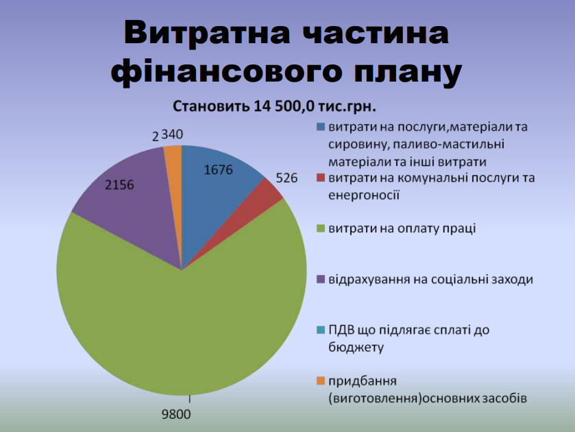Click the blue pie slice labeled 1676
point(217,191)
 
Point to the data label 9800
point(176,414)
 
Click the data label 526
point(286,178)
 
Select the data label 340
point(172,134)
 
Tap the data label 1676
point(218,169)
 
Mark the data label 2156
point(119,184)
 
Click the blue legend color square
point(321,127)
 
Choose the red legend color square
point(321,178)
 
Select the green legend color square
point(321,228)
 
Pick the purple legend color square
point(321,280)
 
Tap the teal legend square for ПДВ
point(321,331)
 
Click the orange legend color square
point(321,381)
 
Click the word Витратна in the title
point(207,32)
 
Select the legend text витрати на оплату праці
point(402,228)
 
